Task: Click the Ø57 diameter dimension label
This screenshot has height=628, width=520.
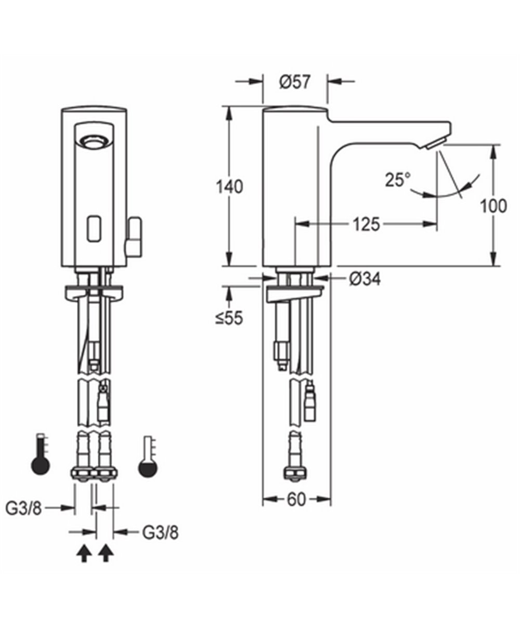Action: [294, 82]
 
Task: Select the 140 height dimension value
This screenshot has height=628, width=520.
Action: [229, 186]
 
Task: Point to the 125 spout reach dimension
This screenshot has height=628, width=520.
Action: [366, 224]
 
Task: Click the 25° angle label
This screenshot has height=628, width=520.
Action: [398, 180]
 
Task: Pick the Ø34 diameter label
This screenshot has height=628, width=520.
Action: [365, 279]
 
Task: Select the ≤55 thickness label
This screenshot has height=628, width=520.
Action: [229, 318]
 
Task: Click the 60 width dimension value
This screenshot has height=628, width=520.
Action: [296, 499]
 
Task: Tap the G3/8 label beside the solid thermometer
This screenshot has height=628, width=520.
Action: [23, 507]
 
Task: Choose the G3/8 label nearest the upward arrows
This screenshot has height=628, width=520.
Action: [160, 532]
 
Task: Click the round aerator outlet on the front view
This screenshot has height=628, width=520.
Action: [94, 140]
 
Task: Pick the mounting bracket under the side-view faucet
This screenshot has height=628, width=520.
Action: [294, 295]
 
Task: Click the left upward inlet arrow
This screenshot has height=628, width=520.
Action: [83, 554]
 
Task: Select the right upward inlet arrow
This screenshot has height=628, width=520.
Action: [106, 554]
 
